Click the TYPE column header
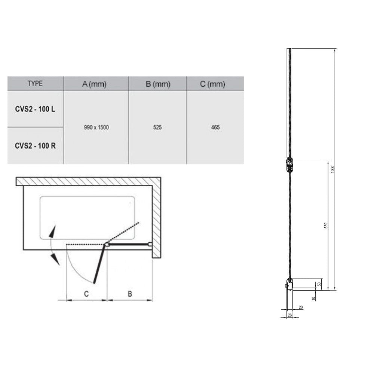(x=35, y=83)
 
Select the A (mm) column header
(x=94, y=84)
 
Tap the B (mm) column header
(x=158, y=84)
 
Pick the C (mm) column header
(x=212, y=84)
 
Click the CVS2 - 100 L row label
(x=35, y=109)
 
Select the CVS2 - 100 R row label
(x=35, y=145)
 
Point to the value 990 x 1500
(x=96, y=128)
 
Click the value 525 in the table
(x=157, y=128)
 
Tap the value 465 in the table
(x=215, y=128)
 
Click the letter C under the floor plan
(x=86, y=294)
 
